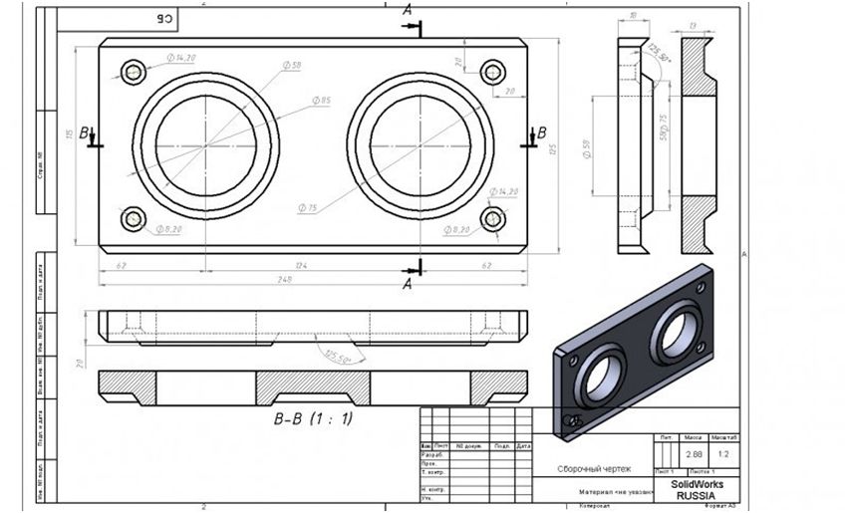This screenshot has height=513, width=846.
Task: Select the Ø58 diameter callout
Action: pyautogui.click(x=291, y=66)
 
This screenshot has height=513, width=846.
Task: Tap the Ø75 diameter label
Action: pyautogui.click(x=307, y=208)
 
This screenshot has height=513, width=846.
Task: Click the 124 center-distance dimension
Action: pyautogui.click(x=313, y=265)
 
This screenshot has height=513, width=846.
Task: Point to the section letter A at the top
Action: pyautogui.click(x=407, y=9)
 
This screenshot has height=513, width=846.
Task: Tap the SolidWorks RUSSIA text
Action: pyautogui.click(x=699, y=489)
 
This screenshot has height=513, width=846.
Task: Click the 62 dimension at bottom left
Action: pyautogui.click(x=120, y=265)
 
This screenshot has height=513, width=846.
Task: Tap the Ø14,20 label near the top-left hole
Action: pyautogui.click(x=180, y=59)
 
